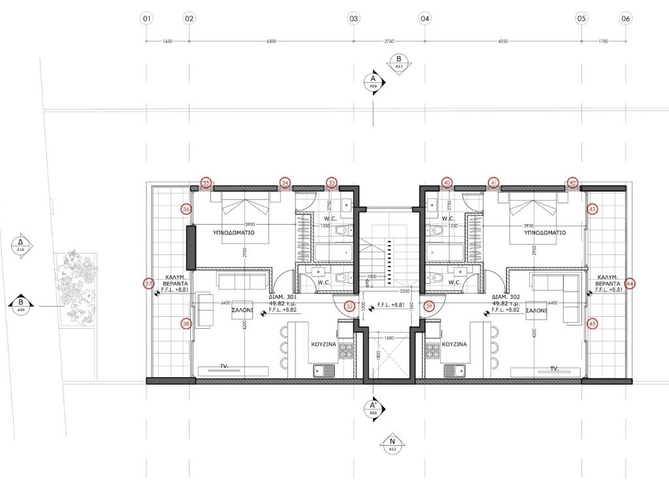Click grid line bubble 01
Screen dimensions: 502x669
click(146, 19)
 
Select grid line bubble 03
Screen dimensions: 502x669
click(353, 19)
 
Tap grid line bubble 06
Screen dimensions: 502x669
click(625, 19)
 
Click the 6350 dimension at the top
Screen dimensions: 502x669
click(271, 41)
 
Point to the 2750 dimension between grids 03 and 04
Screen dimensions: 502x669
click(389, 41)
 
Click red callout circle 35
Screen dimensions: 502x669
click(206, 183)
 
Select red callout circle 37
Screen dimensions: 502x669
click(149, 284)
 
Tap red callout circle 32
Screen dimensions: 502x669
click(350, 306)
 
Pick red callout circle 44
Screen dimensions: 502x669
click(630, 284)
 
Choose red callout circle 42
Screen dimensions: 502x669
click(572, 183)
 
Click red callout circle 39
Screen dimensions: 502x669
click(429, 306)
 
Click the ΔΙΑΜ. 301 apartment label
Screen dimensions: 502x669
click(282, 296)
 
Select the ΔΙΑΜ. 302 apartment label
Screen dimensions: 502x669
click(506, 296)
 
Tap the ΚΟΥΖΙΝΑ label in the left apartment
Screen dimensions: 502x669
click(323, 343)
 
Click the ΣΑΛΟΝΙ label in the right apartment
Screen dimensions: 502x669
click(536, 312)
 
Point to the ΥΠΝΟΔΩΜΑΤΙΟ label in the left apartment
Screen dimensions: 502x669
click(233, 233)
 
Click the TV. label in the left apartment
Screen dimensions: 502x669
click(224, 367)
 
